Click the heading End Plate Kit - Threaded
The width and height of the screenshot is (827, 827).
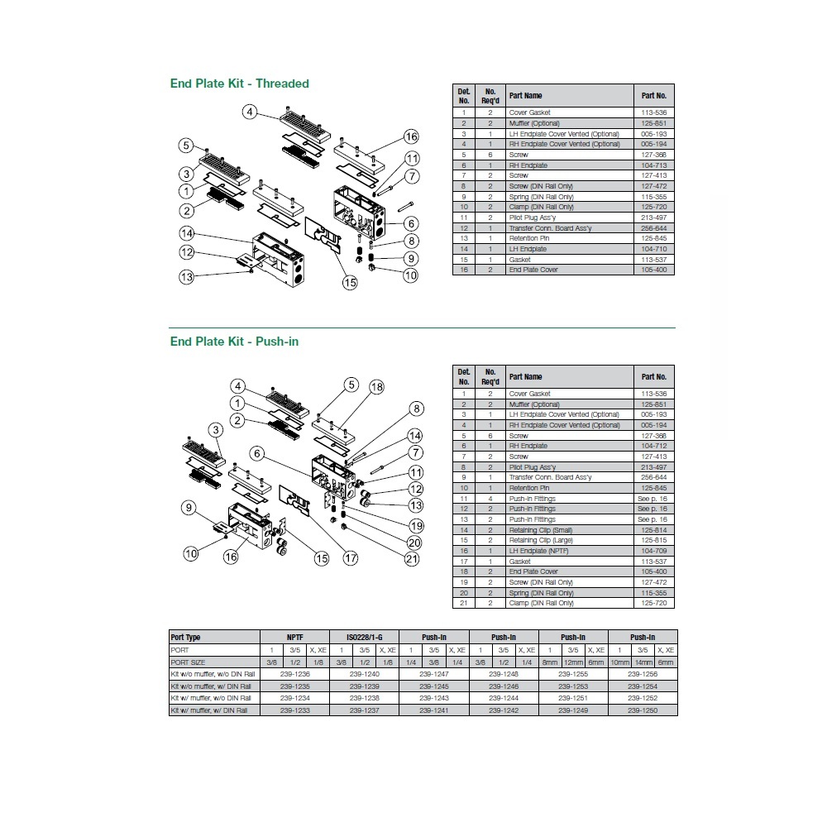tap(239, 84)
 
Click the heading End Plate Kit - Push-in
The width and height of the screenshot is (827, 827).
tap(234, 342)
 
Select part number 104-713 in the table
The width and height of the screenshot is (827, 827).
tap(653, 165)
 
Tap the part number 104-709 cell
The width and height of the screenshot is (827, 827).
tap(653, 551)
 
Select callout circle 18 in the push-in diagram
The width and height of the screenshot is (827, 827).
tap(376, 387)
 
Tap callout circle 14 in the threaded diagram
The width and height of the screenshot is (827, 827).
tap(187, 233)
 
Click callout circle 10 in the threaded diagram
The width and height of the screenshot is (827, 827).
tap(410, 275)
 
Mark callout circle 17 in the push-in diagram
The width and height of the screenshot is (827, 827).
tap(351, 558)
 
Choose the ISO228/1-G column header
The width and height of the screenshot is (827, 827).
tap(364, 638)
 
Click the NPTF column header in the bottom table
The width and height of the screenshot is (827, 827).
tap(294, 638)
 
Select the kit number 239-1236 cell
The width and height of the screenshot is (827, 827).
tap(294, 674)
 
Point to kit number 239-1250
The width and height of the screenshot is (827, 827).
tap(642, 710)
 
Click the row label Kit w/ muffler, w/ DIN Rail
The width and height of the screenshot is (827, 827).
tap(212, 710)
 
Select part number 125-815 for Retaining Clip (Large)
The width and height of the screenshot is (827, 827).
tap(653, 540)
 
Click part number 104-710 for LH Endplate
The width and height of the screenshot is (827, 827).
tap(653, 249)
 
